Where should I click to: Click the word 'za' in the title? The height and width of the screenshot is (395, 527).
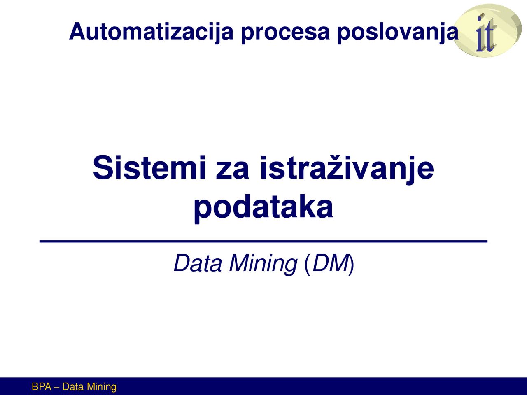[x=232, y=167]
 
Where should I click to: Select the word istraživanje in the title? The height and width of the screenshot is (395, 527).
[x=347, y=167]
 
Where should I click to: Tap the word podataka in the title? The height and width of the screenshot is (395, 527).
[x=263, y=207]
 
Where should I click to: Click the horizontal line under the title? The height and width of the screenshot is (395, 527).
[x=263, y=241]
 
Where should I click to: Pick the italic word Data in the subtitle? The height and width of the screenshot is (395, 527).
[x=198, y=263]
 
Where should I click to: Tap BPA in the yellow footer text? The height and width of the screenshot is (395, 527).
[x=42, y=387]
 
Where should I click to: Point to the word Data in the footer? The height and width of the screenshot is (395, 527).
[x=73, y=387]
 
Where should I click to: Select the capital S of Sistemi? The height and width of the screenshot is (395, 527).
[x=103, y=167]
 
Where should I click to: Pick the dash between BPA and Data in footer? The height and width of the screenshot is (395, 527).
[x=57, y=387]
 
